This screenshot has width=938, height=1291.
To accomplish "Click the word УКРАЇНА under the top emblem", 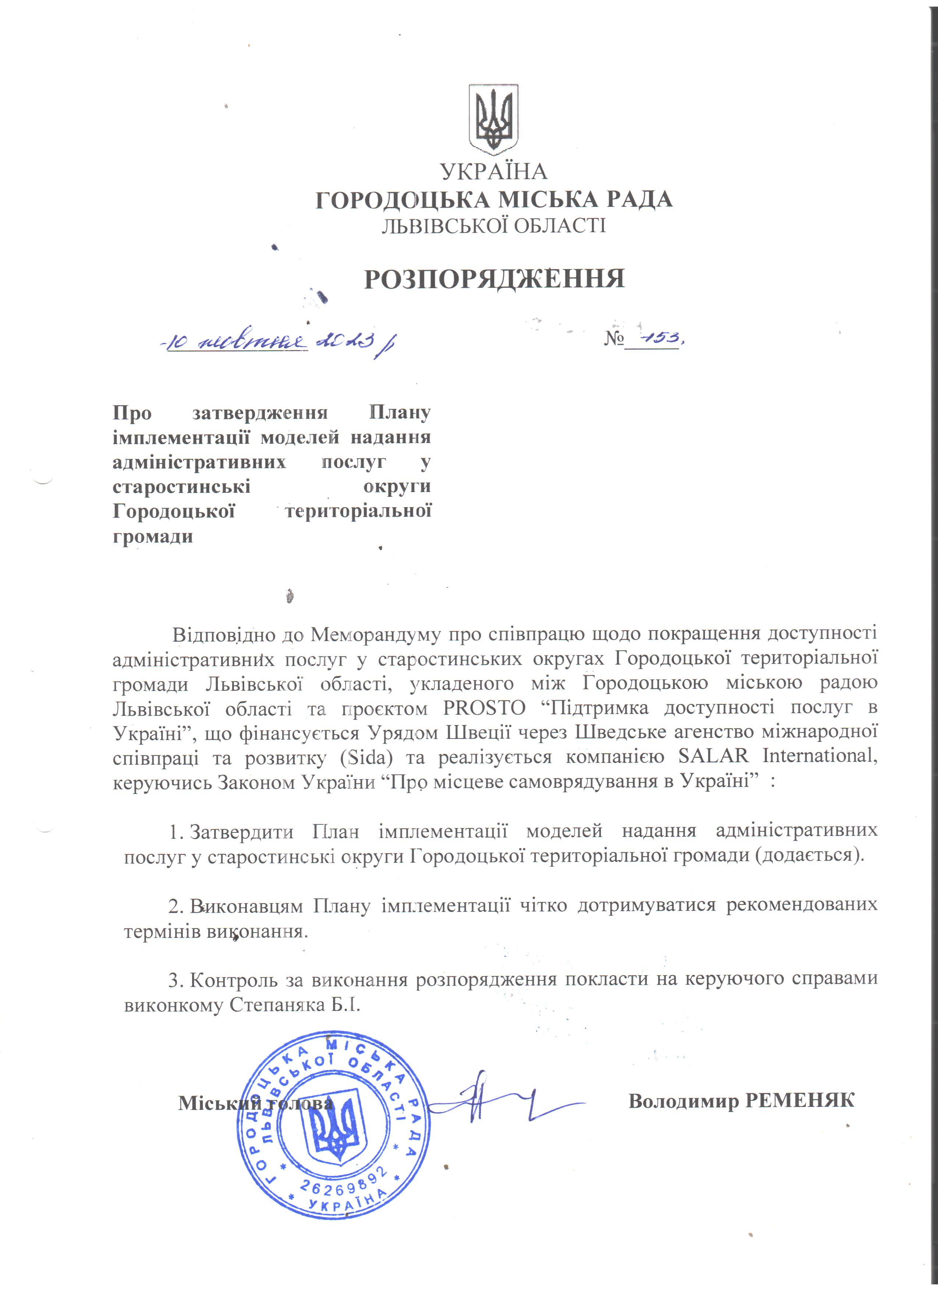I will [493, 171].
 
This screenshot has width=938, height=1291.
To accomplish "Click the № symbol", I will [614, 339].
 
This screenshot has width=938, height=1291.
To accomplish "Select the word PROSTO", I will [484, 708].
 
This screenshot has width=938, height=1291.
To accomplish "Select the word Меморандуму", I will [376, 634].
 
